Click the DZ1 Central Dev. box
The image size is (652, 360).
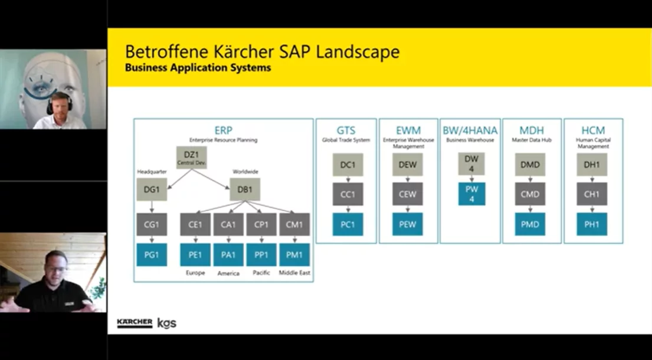click(191, 158)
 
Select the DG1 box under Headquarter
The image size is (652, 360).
click(152, 189)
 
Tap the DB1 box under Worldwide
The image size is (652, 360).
click(244, 189)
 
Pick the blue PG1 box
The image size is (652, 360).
click(152, 255)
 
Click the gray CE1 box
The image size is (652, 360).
click(195, 225)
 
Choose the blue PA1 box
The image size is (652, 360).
click(228, 255)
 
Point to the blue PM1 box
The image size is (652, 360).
click(294, 255)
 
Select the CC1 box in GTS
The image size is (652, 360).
click(348, 194)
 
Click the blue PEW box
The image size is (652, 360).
click(407, 224)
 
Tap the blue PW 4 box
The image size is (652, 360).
click(471, 194)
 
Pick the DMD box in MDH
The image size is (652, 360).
click(530, 165)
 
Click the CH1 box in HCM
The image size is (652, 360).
click(592, 194)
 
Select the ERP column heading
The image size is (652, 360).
click(223, 130)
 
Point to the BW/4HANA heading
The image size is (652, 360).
click(470, 130)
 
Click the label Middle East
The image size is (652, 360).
click(294, 273)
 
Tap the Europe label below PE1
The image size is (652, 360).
click(195, 273)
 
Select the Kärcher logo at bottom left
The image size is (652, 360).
click(135, 323)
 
